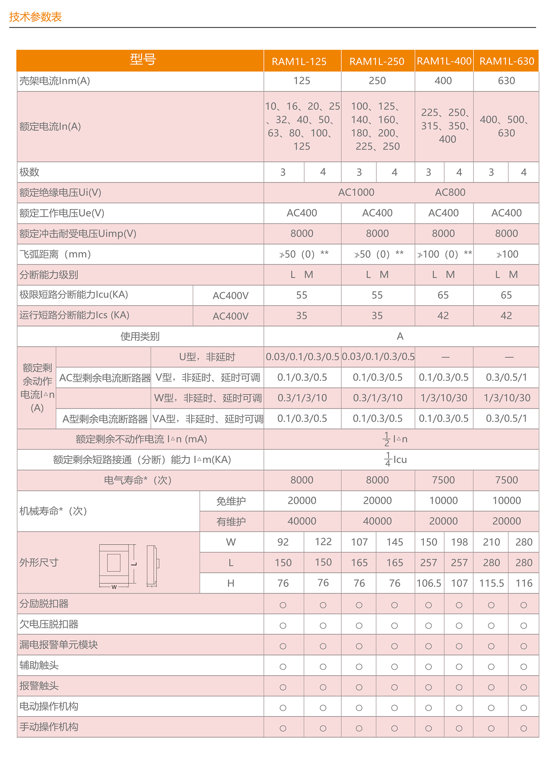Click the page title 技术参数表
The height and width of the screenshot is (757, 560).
(x=35, y=17)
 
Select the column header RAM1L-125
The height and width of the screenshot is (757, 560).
(x=299, y=62)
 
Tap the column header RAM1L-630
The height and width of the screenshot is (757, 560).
(x=506, y=61)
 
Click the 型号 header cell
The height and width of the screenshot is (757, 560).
(x=143, y=59)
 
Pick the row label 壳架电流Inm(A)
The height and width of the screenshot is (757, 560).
(x=55, y=81)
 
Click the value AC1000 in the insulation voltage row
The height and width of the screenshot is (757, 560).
(x=356, y=192)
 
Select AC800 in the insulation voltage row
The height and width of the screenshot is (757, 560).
(x=450, y=192)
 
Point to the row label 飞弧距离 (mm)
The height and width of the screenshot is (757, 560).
(x=55, y=254)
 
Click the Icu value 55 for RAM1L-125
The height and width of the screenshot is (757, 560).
(x=302, y=295)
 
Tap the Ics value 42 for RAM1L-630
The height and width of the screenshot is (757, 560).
(x=506, y=316)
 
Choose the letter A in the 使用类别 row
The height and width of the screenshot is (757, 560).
(x=400, y=336)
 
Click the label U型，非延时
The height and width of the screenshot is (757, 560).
(x=207, y=357)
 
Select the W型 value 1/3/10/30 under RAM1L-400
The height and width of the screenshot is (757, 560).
(x=444, y=398)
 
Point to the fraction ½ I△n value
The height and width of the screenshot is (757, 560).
(x=395, y=439)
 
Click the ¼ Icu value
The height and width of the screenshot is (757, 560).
(x=395, y=460)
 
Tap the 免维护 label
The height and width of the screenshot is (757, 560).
(x=231, y=501)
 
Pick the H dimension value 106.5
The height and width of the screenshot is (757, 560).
(x=429, y=583)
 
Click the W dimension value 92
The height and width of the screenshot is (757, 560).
(x=283, y=542)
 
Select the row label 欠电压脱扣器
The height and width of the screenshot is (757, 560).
(x=49, y=624)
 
